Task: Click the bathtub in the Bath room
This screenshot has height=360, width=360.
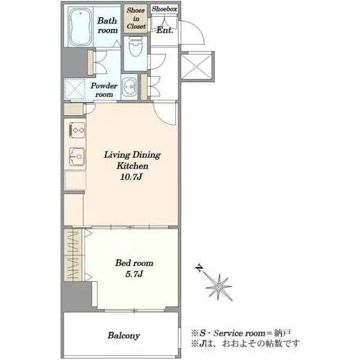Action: click(79, 27)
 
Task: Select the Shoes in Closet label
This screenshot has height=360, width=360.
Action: click(135, 19)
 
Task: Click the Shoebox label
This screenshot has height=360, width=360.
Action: click(163, 9)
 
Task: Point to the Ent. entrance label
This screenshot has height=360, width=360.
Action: click(164, 30)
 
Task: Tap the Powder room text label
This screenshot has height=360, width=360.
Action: click(104, 90)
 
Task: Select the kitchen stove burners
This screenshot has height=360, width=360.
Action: click(76, 128)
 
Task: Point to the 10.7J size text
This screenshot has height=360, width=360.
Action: click(132, 178)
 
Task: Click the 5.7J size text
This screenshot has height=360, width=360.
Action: click(133, 274)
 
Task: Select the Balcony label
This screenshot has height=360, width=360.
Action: click(124, 335)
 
